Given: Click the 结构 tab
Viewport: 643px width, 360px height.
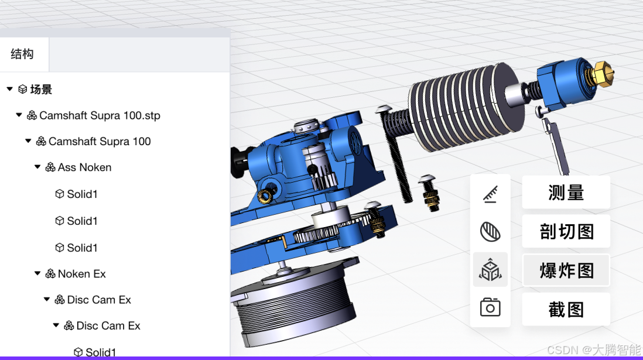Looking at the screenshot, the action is pos(22,54).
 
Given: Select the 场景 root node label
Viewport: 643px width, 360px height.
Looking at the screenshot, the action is pos(41,90).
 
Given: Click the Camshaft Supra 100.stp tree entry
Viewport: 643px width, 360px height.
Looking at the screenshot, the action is pos(100,116).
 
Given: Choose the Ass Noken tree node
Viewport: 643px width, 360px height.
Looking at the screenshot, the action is pos(84,167).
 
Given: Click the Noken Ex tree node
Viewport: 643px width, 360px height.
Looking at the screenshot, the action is pos(81,274).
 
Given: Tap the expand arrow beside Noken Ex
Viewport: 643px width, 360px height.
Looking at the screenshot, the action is pos(37,273).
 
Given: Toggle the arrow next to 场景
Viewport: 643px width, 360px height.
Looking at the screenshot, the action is pos(10,89).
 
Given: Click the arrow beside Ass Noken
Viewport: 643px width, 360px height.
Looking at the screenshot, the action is pos(37,167).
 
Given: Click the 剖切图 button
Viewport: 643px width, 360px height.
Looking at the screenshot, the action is pos(566,231).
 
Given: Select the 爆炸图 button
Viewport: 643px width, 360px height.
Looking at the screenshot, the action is pos(566,270).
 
